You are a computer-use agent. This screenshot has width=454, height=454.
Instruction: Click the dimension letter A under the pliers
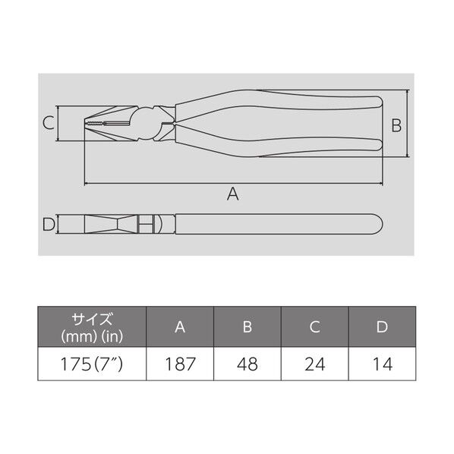click(233, 195)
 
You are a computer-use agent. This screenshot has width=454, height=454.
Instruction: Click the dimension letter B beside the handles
click(396, 125)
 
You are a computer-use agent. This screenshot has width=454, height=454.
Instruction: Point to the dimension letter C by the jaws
click(47, 122)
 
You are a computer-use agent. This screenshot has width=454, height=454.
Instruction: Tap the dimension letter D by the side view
click(48, 224)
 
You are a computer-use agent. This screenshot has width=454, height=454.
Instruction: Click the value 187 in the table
click(180, 364)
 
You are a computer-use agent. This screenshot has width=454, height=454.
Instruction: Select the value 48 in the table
click(248, 364)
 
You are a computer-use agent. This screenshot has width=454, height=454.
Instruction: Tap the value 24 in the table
click(315, 364)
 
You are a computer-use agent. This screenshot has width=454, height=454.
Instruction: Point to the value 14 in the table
click(382, 364)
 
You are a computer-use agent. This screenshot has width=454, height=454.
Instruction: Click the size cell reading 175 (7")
click(92, 364)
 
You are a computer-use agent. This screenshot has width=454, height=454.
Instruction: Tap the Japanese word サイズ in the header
click(92, 319)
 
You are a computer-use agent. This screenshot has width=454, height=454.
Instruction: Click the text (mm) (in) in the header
click(92, 335)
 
